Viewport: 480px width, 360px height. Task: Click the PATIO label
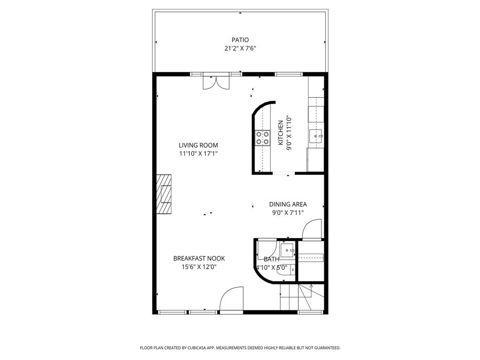(x=240, y=40)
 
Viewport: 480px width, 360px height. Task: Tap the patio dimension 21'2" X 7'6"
(x=240, y=48)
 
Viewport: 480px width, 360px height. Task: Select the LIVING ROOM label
(x=198, y=145)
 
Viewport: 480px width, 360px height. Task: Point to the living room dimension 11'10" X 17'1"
(x=198, y=153)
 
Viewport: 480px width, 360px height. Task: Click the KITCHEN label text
(x=281, y=133)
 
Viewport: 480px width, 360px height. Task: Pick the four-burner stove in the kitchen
(x=262, y=137)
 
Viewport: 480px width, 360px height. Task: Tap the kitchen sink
(x=316, y=136)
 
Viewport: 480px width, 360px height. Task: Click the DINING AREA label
(x=288, y=204)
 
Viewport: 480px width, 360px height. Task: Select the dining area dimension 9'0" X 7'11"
(x=288, y=212)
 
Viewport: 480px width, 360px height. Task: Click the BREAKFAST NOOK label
(x=199, y=258)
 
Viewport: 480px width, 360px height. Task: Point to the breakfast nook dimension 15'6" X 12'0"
(x=199, y=267)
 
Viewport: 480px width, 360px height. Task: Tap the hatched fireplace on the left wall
(x=164, y=194)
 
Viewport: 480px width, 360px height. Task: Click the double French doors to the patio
(x=216, y=82)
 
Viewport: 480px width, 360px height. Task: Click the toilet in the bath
(x=292, y=270)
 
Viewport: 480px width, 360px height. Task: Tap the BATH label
(x=271, y=259)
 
